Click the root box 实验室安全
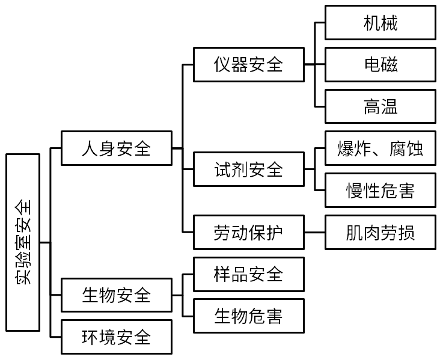coord(23,243)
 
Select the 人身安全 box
coord(116,148)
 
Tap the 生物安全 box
coord(116,295)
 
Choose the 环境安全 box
coord(116,337)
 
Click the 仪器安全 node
coord(248,64)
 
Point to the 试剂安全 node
coord(248,169)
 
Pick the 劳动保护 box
coord(248,232)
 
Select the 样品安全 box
coord(248,274)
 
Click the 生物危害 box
coord(248,315)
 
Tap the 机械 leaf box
coord(380,23)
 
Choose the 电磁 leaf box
coord(380,64)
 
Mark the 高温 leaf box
coord(380,106)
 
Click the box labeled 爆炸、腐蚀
coord(380,148)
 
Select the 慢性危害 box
coord(380,190)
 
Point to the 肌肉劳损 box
coord(380,232)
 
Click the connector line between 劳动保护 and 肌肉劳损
coord(314,232)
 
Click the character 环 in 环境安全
coord(90,337)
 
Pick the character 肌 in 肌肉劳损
coord(355,232)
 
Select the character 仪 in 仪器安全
coord(222,64)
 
